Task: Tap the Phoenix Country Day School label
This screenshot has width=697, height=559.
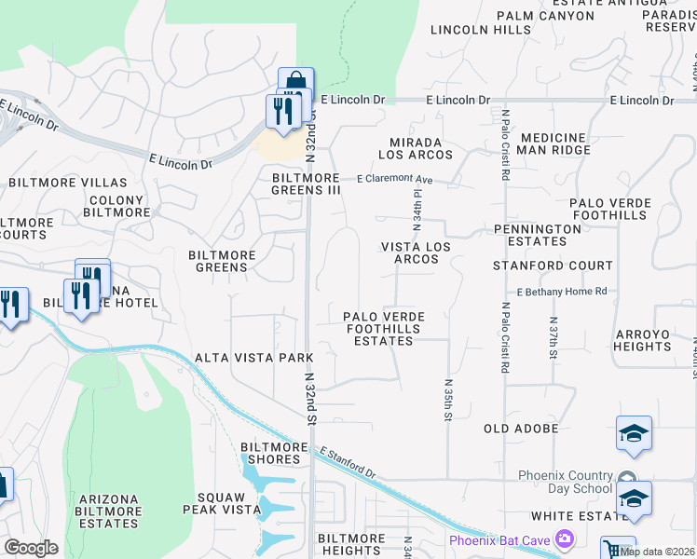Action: pos(566,482)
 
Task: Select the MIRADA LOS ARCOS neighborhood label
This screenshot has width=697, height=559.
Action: pos(415,148)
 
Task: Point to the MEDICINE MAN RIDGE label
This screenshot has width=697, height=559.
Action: pos(555,143)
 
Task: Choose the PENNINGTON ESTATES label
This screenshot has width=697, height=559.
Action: pos(538,235)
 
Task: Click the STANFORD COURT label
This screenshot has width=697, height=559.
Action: pos(553,266)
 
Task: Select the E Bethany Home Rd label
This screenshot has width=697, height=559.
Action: pos(561,292)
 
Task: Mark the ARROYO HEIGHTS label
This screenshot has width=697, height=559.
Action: pos(642,340)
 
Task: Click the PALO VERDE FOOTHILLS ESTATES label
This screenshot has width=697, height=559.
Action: pos(384,329)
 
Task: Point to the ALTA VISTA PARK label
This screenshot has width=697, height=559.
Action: pos(254,358)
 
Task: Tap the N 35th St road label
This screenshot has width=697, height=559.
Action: pos(448,400)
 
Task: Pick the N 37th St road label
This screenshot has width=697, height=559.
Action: pos(553,341)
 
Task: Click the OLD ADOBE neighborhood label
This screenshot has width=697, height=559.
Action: pos(521,429)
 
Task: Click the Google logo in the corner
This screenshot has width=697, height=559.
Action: pos(31,548)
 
